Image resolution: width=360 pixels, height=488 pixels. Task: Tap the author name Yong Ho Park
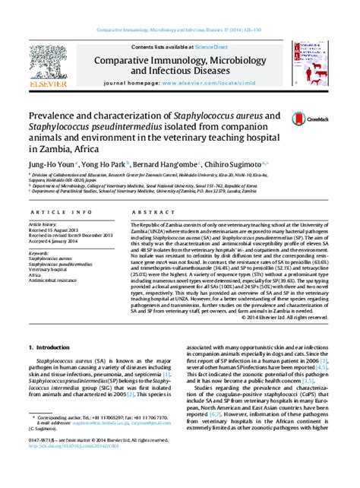(x=103, y=163)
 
